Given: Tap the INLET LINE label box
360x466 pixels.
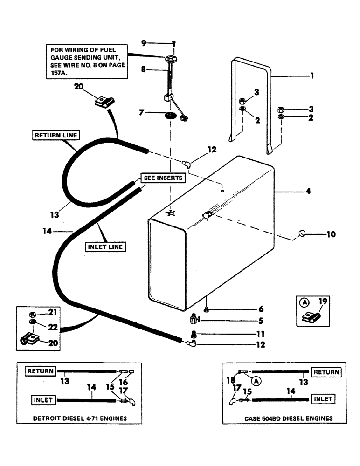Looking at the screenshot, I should click(106, 247).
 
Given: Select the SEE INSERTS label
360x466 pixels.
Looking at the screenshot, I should click(162, 178).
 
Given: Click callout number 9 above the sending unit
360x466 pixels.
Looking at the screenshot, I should click(144, 43).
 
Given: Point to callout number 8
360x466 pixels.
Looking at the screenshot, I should click(144, 69).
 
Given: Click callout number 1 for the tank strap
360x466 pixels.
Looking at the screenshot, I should click(312, 75).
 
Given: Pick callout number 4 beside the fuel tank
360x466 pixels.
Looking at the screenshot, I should click(309, 191).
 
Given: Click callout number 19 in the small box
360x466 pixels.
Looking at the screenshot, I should click(323, 302).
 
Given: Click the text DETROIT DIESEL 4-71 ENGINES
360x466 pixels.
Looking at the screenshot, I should click(80, 418).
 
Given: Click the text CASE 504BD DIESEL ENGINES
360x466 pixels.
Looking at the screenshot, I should click(288, 418).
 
